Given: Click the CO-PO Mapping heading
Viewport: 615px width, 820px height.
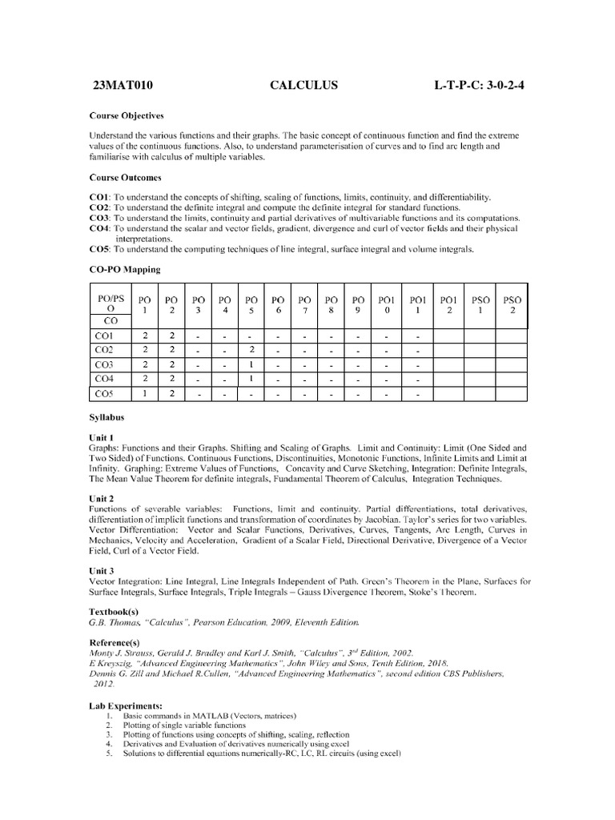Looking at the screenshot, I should point(124,270).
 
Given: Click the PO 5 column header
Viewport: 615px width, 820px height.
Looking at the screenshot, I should point(251,305).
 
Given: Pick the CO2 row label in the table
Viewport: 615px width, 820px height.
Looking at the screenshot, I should point(105,350).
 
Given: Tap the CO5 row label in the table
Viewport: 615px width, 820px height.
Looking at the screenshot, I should point(105,393).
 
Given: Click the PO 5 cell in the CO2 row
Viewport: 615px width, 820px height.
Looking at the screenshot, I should point(251,350).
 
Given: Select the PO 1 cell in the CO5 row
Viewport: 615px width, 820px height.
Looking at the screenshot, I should point(146,393).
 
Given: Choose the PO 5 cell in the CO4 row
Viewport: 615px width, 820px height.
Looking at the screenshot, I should point(251,379).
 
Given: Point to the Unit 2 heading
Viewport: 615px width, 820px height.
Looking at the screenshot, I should point(102,497).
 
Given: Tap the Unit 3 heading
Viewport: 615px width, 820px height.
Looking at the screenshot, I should point(102,570).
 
